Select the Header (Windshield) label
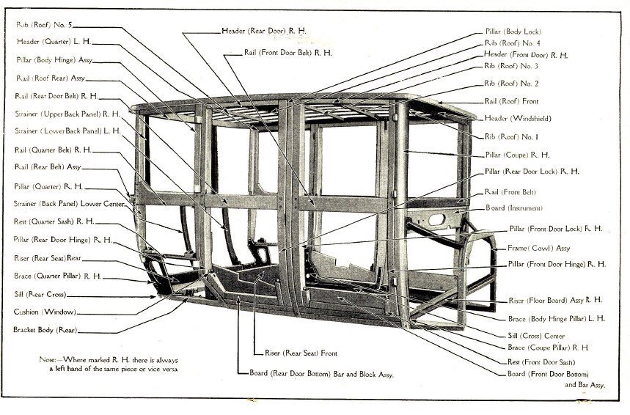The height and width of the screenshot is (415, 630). [518, 118]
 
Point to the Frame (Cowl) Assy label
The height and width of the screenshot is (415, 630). [538, 248]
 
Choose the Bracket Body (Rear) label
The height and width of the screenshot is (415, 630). [45, 330]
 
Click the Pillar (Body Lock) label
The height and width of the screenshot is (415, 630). [513, 32]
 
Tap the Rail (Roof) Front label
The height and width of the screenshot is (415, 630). [511, 101]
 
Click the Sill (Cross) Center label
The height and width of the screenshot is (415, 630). [536, 334]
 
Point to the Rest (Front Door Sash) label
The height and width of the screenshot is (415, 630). [541, 361]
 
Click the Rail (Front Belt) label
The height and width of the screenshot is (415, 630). [512, 191]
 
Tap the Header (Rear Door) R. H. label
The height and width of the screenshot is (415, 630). [264, 31]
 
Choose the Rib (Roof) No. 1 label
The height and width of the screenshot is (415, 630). [511, 136]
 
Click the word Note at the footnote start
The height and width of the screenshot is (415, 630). [50, 360]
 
